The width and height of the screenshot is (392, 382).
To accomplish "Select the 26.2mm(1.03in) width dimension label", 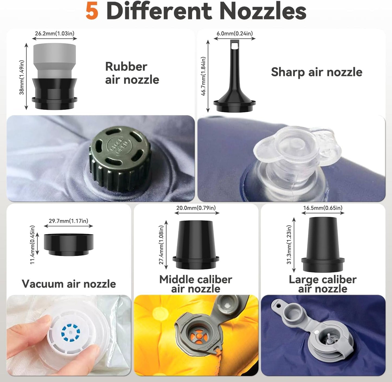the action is coord(55,33).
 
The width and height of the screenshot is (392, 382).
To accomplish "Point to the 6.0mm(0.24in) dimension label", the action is coord(234,33).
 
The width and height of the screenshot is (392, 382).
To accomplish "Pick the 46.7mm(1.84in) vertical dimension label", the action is coord(203,76).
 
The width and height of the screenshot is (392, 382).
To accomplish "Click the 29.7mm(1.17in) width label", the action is coord(68,221).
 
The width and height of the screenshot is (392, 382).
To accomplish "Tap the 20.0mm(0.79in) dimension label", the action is coord(196,208).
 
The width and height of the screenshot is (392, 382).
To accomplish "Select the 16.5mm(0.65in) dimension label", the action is coord(323,208).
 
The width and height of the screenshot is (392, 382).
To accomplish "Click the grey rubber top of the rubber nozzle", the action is coord(55,60).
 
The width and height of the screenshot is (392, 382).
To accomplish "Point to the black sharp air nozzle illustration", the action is coord(234,76).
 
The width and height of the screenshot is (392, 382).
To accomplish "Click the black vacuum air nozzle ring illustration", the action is coord(68,245).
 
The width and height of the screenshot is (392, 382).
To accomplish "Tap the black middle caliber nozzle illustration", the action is coord(196,245).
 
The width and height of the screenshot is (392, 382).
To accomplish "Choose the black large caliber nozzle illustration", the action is coord(323,244).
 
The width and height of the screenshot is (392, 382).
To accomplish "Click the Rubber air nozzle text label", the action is coord(132,73).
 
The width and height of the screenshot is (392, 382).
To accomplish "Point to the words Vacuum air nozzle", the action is coord(69,284).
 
